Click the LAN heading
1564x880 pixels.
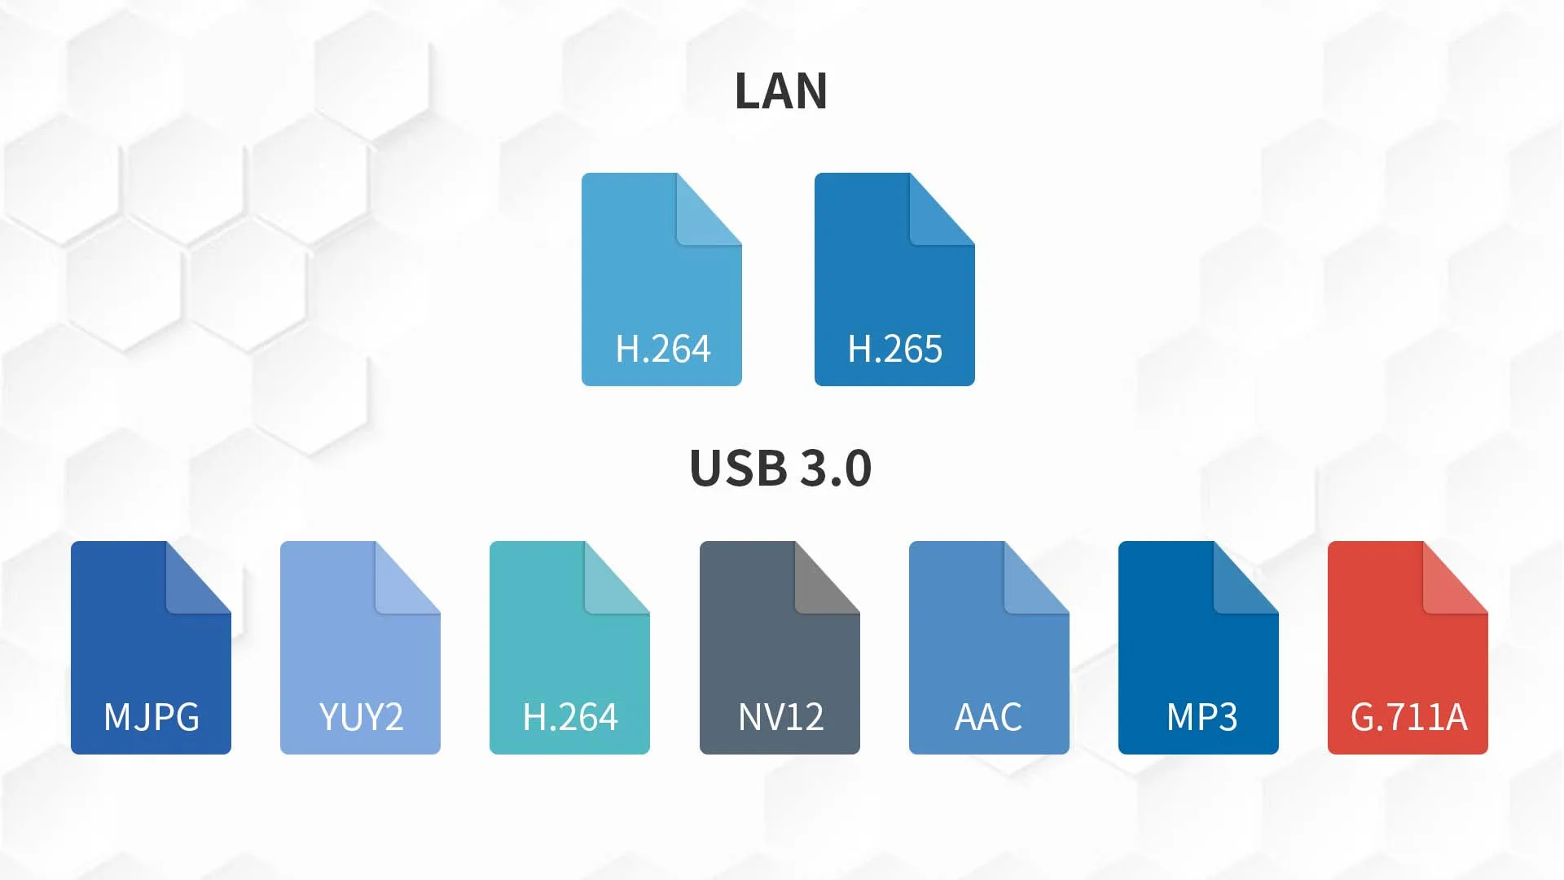coord(780,90)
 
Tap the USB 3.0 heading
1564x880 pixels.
coord(780,468)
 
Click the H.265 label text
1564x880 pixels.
coord(894,350)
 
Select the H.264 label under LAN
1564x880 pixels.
coord(662,350)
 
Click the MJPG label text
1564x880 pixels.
coord(152,718)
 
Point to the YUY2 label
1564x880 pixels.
coord(361,718)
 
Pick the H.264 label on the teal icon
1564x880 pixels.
coord(570,718)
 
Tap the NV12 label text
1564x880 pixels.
coord(780,718)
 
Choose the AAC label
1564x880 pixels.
coord(988,718)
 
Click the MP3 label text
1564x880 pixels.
coord(1202,718)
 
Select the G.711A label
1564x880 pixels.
coord(1408,718)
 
